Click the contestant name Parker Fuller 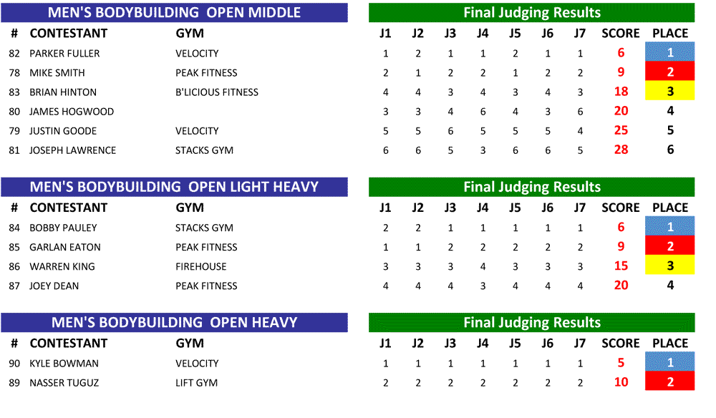(x=64, y=54)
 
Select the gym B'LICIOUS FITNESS (x=217, y=92)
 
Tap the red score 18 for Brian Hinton (x=621, y=92)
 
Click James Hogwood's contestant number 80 (x=14, y=112)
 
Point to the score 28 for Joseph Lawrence (x=621, y=150)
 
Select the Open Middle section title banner (x=175, y=13)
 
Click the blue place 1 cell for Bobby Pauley (x=670, y=226)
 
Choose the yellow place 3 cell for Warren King (x=670, y=265)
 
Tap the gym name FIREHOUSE (x=201, y=266)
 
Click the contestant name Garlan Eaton (x=65, y=248)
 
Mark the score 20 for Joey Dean (x=621, y=285)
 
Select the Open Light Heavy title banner (x=175, y=187)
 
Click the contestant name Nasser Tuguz (x=64, y=383)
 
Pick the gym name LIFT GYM (x=196, y=383)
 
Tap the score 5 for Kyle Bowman (x=621, y=363)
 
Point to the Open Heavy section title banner (x=175, y=323)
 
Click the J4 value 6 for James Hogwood (x=483, y=112)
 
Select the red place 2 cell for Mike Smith (x=670, y=71)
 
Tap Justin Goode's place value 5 (x=670, y=130)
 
